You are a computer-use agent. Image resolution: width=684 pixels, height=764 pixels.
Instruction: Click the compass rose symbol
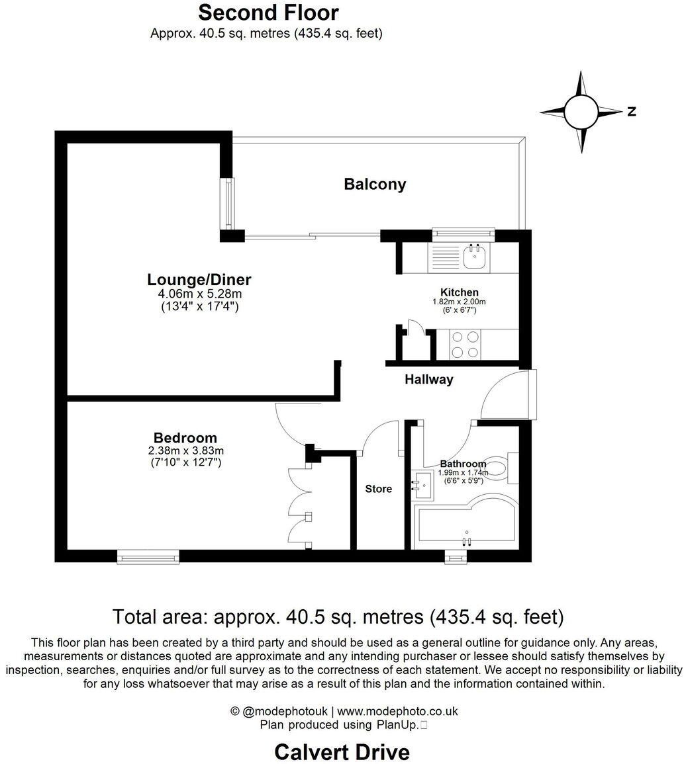[x=581, y=112]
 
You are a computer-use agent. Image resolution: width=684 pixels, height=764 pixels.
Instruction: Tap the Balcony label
[x=375, y=185]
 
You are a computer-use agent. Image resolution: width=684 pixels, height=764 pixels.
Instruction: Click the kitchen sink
[x=475, y=257]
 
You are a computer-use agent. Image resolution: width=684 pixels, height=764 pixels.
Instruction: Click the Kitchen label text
[x=459, y=292]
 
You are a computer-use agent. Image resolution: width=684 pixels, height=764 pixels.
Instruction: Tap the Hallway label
[x=429, y=380]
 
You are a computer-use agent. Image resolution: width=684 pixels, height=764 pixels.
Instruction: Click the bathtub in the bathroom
[x=467, y=526]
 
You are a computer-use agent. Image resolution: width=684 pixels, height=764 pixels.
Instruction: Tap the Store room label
[x=379, y=489]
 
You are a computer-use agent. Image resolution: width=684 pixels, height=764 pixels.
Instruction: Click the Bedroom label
[x=185, y=437]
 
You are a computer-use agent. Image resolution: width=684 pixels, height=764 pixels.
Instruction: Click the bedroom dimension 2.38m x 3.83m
[x=185, y=450]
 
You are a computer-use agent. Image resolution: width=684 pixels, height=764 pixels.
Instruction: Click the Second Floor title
[x=268, y=13]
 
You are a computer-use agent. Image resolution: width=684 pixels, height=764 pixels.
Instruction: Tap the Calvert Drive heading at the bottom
[x=342, y=752]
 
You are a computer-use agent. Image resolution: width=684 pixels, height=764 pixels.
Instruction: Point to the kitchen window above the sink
[x=463, y=232]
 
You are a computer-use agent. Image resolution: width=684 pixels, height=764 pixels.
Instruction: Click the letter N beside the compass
[x=632, y=112]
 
